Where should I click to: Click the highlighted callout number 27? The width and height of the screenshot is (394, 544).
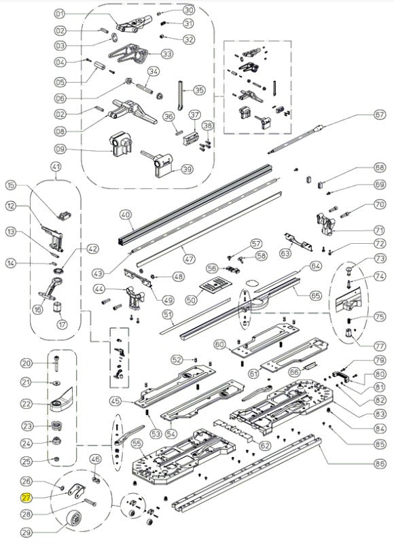(x=26, y=498)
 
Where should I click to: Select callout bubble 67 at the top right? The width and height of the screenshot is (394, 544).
(x=380, y=114)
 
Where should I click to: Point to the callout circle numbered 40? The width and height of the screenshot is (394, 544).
(x=126, y=215)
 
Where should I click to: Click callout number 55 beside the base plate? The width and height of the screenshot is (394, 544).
(x=137, y=443)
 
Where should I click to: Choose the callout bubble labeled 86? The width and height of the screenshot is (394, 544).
(x=380, y=463)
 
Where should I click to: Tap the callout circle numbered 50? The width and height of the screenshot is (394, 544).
(x=192, y=300)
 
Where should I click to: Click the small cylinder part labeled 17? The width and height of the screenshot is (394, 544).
(x=57, y=308)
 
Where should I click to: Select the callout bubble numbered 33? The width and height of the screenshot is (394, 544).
(x=168, y=54)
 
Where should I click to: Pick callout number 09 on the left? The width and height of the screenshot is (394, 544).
(x=60, y=149)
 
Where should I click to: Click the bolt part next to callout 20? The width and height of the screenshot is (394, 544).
(x=56, y=363)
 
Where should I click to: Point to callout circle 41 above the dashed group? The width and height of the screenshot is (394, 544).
(x=56, y=166)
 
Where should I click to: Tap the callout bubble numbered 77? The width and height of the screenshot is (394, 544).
(x=380, y=346)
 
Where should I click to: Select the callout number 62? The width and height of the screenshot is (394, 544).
(x=265, y=446)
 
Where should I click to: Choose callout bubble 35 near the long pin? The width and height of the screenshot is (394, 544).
(x=199, y=90)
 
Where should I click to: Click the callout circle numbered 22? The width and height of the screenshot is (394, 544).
(x=27, y=403)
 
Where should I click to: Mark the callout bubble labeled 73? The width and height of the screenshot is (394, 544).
(x=380, y=259)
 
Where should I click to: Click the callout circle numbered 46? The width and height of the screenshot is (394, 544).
(x=96, y=459)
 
